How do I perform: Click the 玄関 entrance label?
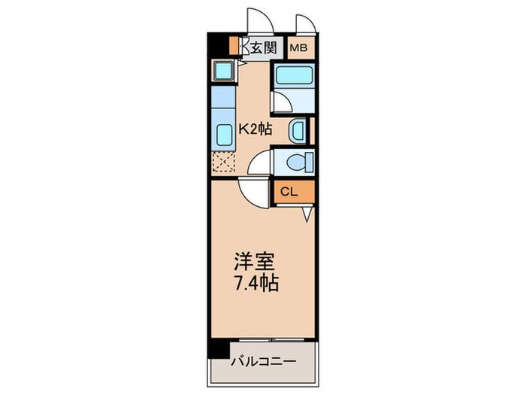pos(263,49)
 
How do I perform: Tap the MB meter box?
pos(299,49)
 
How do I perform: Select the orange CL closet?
pos(290,191)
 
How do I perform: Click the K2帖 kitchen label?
pos(255,129)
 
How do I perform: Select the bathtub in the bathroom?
pos(293,75)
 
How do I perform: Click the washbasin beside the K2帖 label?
pos(298,130)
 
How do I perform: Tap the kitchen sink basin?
pos(224,134)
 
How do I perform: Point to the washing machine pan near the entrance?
pos(223,71)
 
